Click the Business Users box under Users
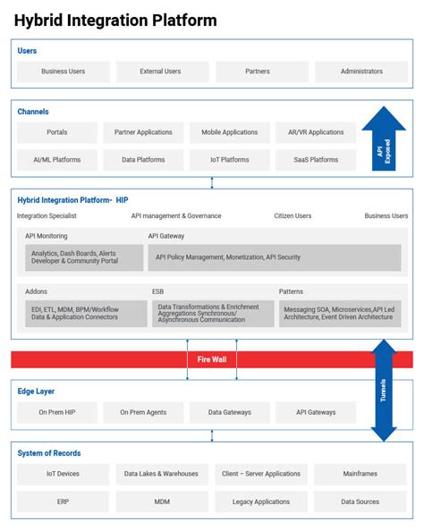pos(63,72)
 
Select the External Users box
pos(160,72)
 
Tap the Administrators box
pos(361,72)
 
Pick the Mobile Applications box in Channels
pos(229,132)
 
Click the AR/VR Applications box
pos(316,132)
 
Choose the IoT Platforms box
pos(229,160)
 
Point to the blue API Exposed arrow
pos(384,141)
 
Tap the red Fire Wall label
pos(211,359)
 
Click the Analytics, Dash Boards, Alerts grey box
pos(84,257)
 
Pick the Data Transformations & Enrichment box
pos(211,313)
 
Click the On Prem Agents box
pos(142,412)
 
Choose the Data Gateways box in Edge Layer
pos(229,412)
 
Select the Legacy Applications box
pos(260,501)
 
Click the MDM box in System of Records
pos(161,501)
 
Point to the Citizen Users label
pos(292,216)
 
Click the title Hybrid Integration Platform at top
pos(115,20)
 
